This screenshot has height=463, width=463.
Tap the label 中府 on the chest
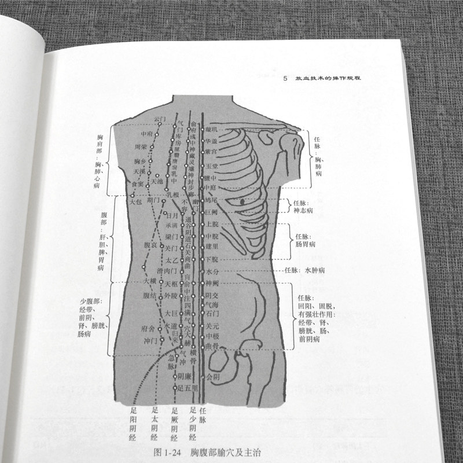[138, 134]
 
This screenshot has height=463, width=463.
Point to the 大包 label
[135, 201]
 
